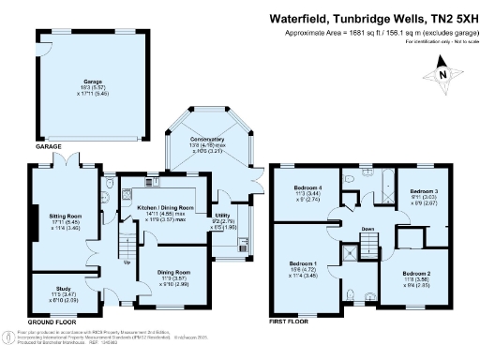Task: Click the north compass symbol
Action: point(443,71)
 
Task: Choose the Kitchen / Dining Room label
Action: point(166,206)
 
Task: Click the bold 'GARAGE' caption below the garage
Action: point(49,148)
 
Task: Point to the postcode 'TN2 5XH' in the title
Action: point(444,17)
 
